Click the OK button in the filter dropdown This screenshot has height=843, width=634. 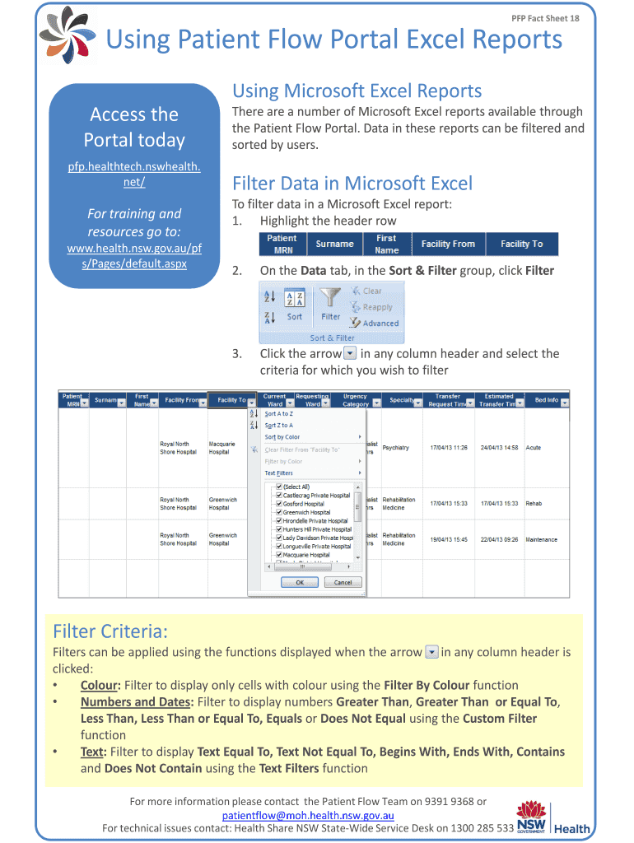point(300,582)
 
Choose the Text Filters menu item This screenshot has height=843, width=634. point(279,473)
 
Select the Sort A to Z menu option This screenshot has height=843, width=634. point(278,414)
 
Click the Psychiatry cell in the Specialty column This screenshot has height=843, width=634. point(396,448)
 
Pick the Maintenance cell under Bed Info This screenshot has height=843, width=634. point(541,540)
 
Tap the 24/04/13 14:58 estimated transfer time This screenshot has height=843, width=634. point(499,448)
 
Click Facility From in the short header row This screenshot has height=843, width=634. point(448,244)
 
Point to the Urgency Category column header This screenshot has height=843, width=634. point(356,400)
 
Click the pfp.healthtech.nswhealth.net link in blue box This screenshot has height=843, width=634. point(134,175)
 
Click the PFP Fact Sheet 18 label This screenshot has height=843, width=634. point(545,17)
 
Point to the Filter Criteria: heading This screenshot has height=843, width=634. point(110,631)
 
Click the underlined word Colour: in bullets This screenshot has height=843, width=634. point(100,685)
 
